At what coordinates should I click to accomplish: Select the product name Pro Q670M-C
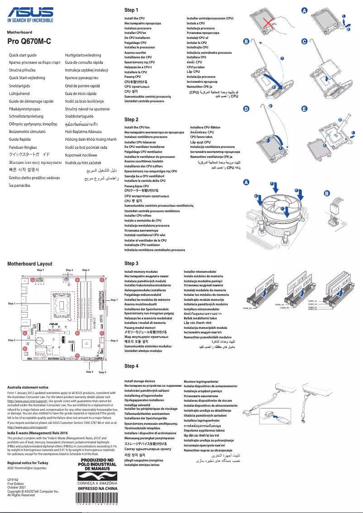tap(29, 41)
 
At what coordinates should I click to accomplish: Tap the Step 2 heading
tap(131, 119)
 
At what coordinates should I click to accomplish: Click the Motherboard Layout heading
tap(29, 264)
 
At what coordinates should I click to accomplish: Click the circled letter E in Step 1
tap(304, 109)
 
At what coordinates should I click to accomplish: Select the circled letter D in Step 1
tap(246, 109)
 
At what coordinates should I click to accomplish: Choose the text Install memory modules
tap(141, 272)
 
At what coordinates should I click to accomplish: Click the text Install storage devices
tap(139, 381)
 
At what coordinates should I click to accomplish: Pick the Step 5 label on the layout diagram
tap(12, 340)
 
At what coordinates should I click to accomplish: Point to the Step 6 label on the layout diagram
tap(102, 372)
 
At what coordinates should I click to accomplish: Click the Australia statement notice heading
tap(28, 387)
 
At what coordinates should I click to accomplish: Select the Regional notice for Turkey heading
tap(28, 463)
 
